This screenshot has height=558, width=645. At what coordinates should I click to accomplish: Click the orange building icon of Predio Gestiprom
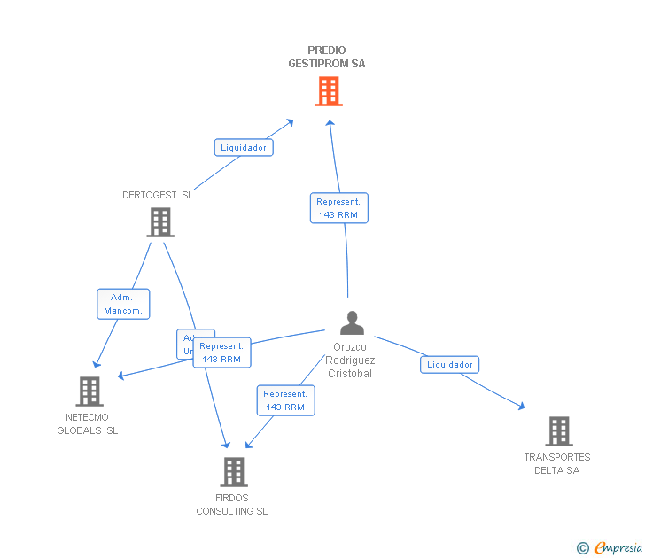[329, 91]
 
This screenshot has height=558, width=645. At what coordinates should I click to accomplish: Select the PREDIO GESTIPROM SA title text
[327, 57]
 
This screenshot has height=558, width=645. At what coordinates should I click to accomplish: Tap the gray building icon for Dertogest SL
[160, 222]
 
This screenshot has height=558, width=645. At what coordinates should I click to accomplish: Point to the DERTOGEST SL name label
[158, 195]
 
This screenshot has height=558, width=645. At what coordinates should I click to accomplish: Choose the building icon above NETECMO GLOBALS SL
[89, 391]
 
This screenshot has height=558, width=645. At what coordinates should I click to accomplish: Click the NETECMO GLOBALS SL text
[88, 423]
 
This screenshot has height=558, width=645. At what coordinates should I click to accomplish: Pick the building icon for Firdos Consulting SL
[233, 472]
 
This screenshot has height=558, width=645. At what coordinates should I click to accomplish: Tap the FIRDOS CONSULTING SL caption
[232, 504]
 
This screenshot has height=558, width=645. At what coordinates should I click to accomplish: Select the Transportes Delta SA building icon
[558, 431]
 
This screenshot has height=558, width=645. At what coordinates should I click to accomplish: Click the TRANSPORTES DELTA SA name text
[557, 463]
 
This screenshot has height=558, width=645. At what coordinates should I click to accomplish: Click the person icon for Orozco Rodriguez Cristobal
[352, 323]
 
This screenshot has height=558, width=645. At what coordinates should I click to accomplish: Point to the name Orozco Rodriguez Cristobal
[350, 360]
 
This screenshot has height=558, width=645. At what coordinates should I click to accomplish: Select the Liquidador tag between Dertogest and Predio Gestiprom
[244, 148]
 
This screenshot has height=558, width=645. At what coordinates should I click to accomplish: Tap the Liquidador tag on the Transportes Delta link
[450, 364]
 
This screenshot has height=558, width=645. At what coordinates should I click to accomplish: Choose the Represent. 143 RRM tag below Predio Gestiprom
[339, 208]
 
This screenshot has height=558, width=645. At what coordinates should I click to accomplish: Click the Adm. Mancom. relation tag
[123, 304]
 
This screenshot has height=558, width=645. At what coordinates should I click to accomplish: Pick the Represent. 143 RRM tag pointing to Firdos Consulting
[285, 400]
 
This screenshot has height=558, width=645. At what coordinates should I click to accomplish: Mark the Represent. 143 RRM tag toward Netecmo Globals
[222, 353]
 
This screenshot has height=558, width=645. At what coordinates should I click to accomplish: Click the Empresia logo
[618, 547]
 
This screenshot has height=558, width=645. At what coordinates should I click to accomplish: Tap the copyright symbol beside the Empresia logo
[583, 548]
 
